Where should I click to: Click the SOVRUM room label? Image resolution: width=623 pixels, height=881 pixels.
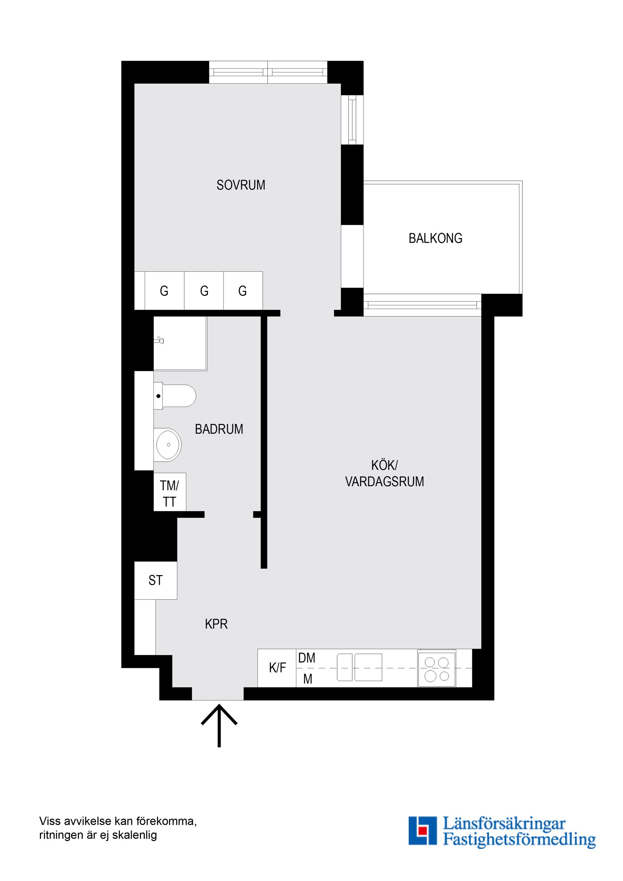[x=241, y=185]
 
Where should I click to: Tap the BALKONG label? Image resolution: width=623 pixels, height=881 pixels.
[x=435, y=238]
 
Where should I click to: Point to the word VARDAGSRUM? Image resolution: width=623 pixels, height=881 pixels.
[x=385, y=482]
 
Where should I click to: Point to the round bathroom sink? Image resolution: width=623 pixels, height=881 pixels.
[x=168, y=445]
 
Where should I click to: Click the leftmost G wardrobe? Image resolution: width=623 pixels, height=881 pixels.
[x=164, y=291]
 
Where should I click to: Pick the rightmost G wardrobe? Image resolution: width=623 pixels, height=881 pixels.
[x=243, y=291]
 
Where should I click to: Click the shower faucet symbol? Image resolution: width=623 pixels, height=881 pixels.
[x=159, y=340]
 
